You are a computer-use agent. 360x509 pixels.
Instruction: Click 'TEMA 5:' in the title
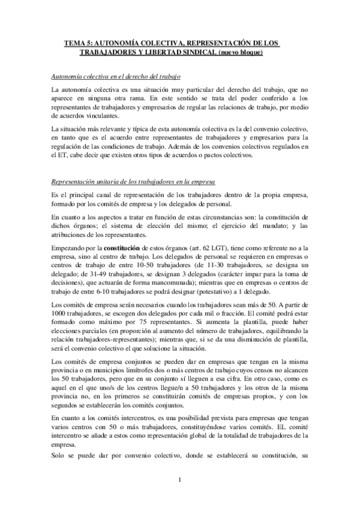78,43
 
